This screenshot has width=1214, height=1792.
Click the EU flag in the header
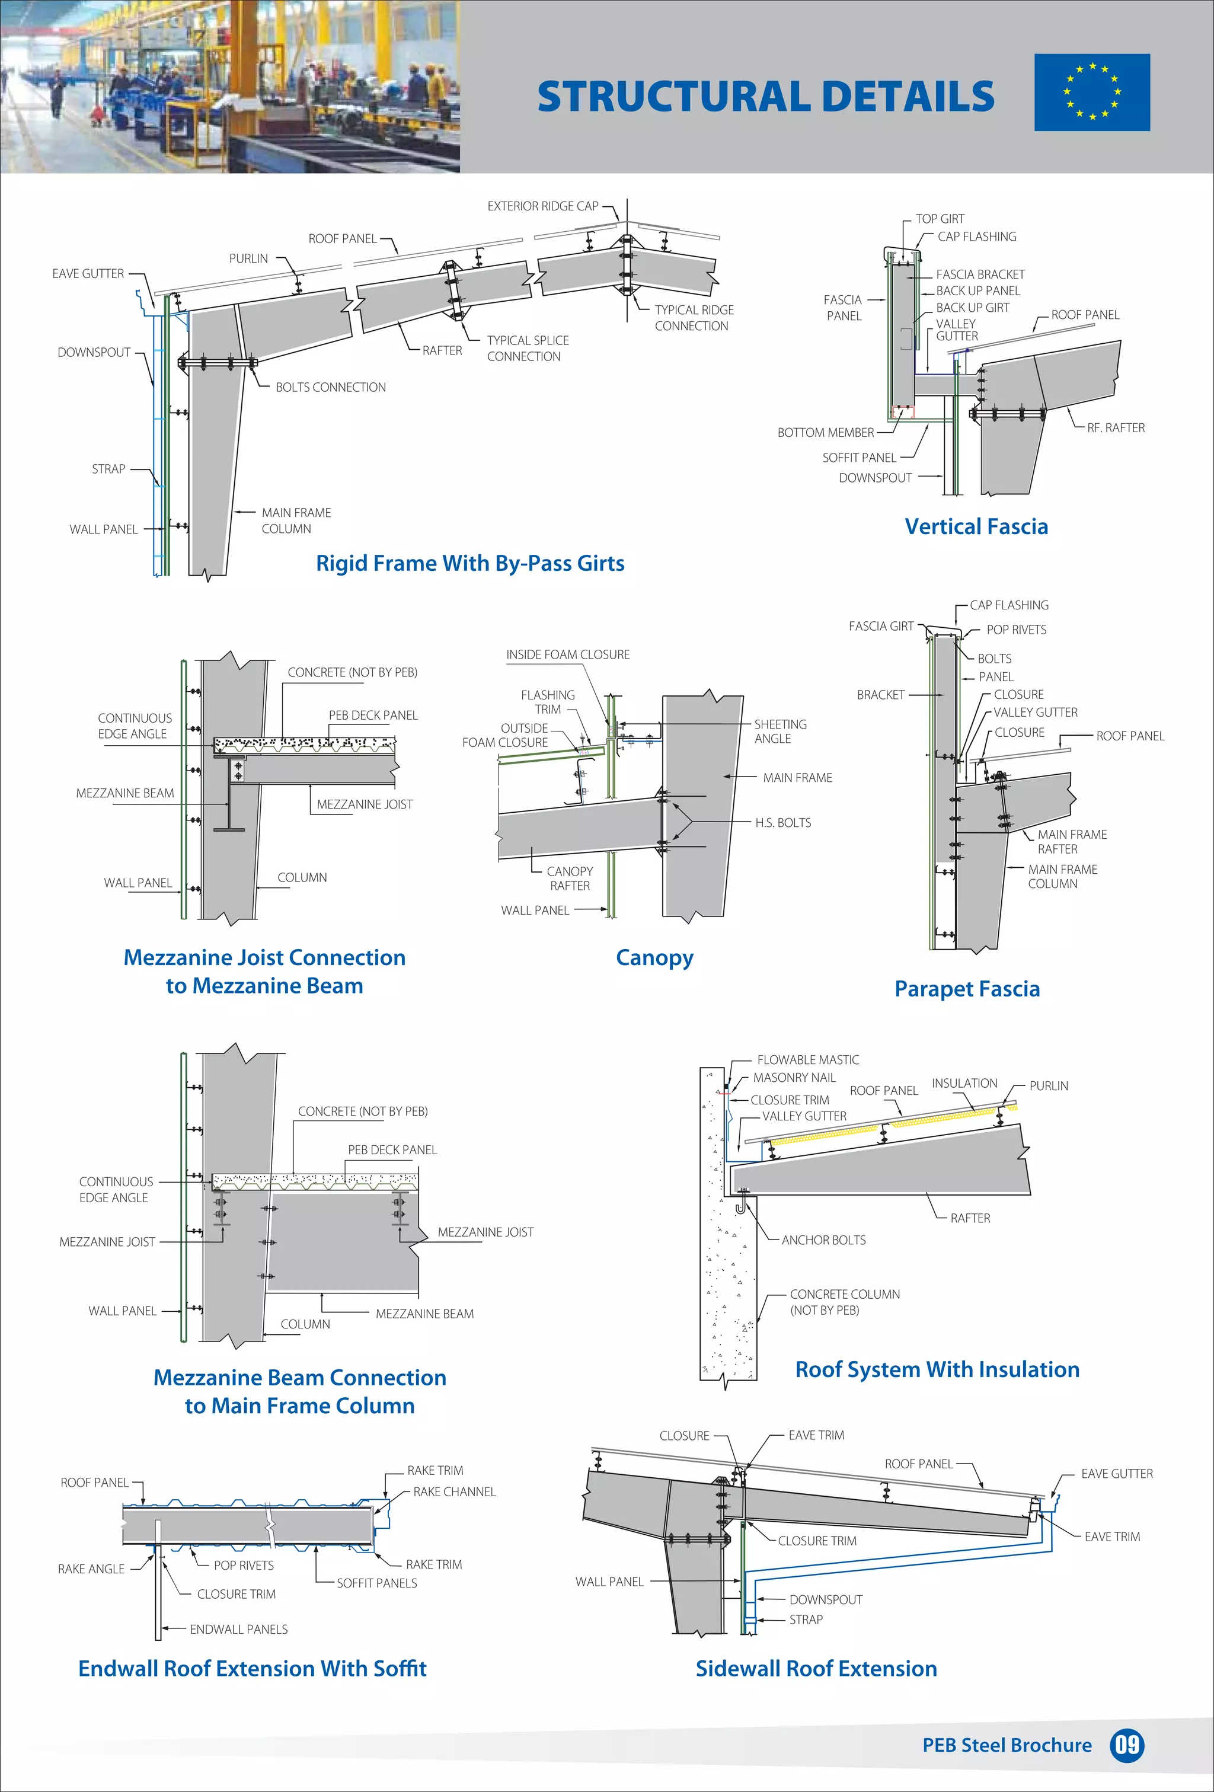(1091, 92)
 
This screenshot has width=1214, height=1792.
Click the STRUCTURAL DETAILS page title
(765, 97)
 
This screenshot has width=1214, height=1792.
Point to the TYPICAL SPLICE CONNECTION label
(528, 349)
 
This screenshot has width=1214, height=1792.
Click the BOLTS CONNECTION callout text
(331, 387)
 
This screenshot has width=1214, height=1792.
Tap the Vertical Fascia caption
(976, 526)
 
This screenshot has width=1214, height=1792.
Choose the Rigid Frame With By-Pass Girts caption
(469, 563)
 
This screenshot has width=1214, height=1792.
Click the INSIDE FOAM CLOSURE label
(568, 654)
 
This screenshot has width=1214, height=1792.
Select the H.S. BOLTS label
(783, 823)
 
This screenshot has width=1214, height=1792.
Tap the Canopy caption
(654, 958)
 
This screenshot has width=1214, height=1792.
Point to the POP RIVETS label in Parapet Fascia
(1016, 630)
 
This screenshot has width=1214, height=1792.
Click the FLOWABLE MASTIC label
(807, 1059)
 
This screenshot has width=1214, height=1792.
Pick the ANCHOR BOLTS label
(823, 1240)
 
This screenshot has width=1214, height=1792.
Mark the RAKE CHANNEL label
(454, 1492)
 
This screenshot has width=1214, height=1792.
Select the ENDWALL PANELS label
(238, 1630)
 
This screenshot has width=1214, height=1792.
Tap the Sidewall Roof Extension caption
(816, 1669)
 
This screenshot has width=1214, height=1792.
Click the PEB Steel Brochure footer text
(1007, 1745)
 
